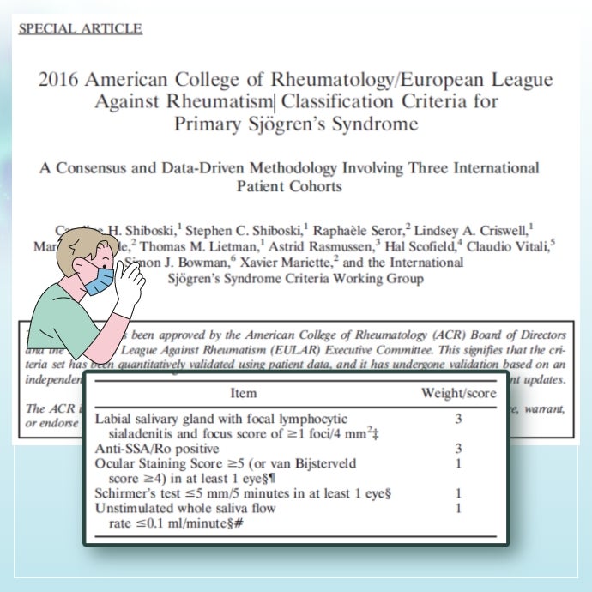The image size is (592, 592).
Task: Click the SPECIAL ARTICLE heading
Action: pyautogui.click(x=80, y=28)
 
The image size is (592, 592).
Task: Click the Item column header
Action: pyautogui.click(x=243, y=393)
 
